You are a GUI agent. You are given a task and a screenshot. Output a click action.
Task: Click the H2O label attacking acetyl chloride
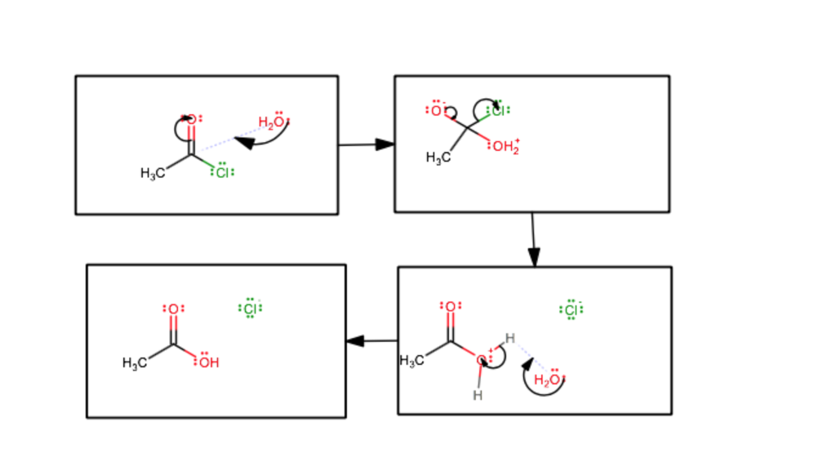[x=273, y=122]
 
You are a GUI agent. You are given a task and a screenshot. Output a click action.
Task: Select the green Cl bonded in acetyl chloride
[x=221, y=172]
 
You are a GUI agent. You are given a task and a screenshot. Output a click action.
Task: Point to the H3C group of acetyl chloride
[x=153, y=173]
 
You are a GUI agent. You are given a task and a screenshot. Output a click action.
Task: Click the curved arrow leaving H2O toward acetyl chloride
[x=265, y=142]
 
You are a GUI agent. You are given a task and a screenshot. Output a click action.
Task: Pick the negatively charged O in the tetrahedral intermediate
[x=436, y=110]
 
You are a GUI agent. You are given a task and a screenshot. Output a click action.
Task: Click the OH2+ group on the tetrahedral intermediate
[x=505, y=148]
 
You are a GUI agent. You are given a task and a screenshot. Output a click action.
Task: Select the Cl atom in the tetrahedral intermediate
[x=498, y=110]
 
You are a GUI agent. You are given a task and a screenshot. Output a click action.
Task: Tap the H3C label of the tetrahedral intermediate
[x=438, y=158]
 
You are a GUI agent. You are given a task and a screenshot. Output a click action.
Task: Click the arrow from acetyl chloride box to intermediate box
[x=366, y=145]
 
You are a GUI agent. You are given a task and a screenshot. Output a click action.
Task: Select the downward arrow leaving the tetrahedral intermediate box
[x=532, y=239]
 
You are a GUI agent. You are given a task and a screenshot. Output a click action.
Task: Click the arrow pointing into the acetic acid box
[x=371, y=340]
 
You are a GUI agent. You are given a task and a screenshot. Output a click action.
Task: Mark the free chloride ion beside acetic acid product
[x=251, y=308]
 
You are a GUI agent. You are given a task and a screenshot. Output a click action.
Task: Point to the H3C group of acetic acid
[x=135, y=363]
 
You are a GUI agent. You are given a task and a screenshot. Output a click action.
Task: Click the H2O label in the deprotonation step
[x=548, y=380]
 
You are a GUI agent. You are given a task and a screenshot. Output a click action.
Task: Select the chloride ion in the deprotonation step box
[x=571, y=309]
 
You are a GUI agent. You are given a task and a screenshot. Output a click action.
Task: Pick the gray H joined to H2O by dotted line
[x=509, y=338]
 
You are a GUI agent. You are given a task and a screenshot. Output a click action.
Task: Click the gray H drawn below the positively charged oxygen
[x=478, y=396]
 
